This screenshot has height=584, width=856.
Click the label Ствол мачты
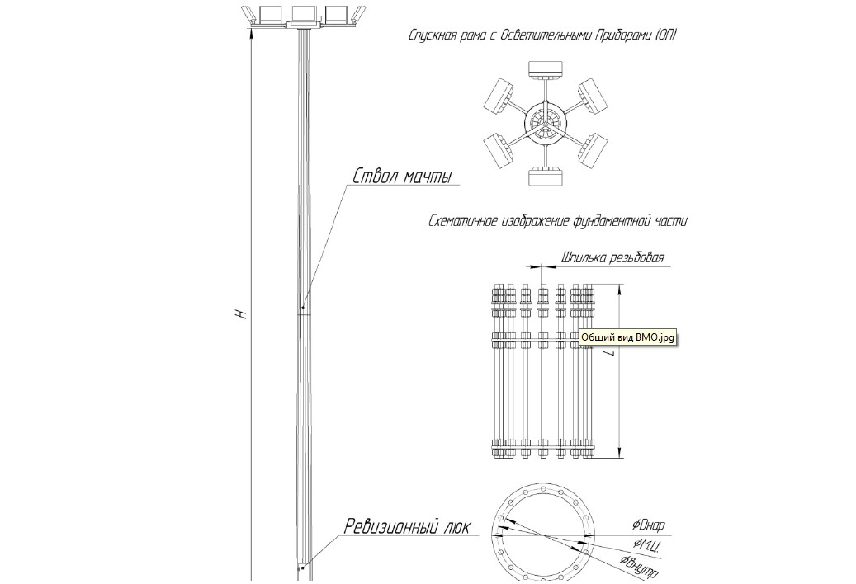click(x=405, y=177)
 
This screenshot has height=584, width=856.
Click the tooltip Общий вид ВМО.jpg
click(x=627, y=337)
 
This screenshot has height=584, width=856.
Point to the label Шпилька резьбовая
click(x=612, y=258)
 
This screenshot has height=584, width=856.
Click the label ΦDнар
click(x=648, y=525)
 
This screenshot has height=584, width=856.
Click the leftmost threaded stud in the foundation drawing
click(x=495, y=371)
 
